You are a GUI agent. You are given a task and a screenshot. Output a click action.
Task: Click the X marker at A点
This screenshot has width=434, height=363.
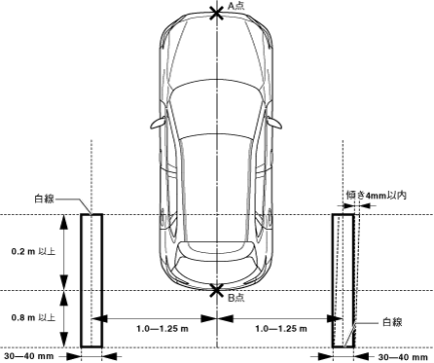pos(217,14)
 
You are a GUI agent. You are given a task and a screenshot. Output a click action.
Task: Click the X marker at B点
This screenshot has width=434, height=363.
pos(217,290)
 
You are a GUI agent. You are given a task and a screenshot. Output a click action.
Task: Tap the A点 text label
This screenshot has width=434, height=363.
pos(235,6)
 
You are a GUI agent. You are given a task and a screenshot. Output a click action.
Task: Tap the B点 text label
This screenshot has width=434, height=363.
pos(235,298)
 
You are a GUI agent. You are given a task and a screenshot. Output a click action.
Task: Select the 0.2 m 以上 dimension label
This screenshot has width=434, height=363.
pos(33,251)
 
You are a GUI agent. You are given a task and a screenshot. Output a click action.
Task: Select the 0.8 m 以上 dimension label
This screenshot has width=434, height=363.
pos(33,317)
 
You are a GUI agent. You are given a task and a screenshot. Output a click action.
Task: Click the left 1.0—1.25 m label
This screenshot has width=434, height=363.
pos(163,329)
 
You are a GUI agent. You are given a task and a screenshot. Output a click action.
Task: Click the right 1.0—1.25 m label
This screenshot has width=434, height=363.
pos(281,329)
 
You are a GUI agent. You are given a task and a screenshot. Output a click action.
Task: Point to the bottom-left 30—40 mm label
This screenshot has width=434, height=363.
pos(29,356)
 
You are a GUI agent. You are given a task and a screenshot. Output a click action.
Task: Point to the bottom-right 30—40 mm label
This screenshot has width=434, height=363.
pos(403,357)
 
